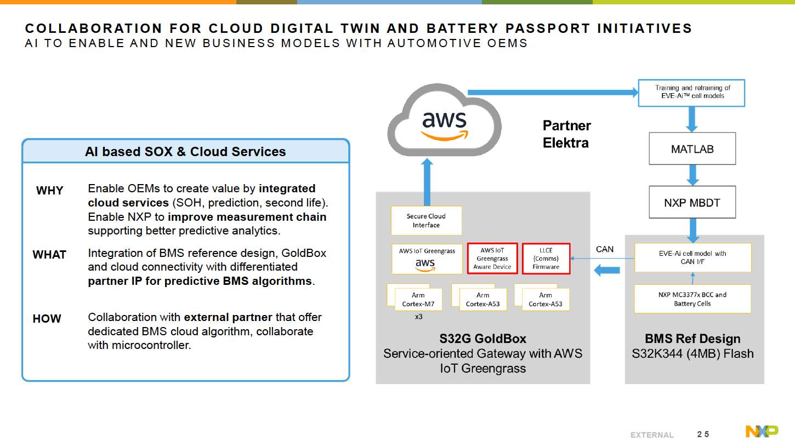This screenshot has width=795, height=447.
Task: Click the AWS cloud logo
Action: coord(444,124)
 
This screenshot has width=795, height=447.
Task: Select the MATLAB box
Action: coord(692,148)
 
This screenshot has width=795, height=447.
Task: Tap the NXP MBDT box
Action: coord(692,202)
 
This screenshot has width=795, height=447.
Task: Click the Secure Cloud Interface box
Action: coord(426,221)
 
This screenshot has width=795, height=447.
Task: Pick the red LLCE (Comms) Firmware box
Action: coord(546,259)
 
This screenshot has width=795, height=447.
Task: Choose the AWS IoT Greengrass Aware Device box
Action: coord(492,259)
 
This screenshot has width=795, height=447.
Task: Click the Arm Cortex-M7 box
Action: coord(418,300)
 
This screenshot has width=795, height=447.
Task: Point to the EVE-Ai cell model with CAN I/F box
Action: coord(692,257)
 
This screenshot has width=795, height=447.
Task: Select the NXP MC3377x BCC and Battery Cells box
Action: coord(692,299)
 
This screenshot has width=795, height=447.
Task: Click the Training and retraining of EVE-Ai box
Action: coord(692,92)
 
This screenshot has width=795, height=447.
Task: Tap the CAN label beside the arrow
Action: coord(605,249)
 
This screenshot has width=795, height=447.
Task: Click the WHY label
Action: coord(49,191)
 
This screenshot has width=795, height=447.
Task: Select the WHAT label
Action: coord(49,255)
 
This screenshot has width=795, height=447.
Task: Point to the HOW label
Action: coord(47,319)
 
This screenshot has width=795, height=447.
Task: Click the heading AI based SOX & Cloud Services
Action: coord(185,152)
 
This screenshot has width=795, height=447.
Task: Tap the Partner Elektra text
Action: coord(566,134)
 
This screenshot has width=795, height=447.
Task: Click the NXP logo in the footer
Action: coord(761,432)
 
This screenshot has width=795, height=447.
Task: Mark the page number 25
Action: coord(703,434)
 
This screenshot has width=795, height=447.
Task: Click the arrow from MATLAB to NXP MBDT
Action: coord(692,175)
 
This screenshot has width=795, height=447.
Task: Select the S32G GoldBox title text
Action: coord(482,339)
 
